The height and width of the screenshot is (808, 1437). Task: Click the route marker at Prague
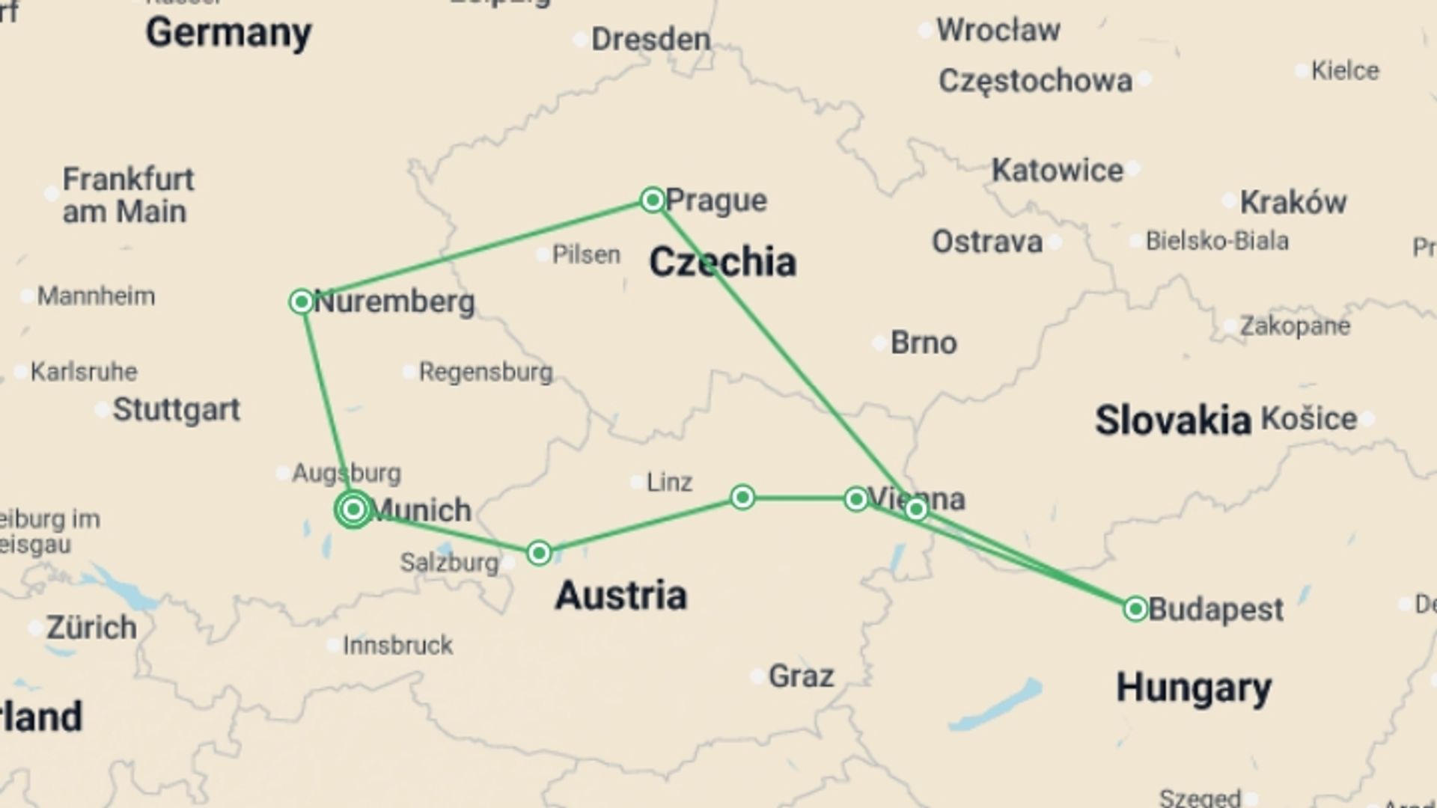653,200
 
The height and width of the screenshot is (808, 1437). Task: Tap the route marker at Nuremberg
301,302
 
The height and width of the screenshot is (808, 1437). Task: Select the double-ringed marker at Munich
353,509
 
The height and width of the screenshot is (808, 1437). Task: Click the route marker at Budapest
1135,609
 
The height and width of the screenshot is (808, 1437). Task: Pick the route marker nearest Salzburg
539,553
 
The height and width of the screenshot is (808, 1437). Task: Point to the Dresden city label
650,39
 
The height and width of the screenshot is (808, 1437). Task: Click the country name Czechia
722,262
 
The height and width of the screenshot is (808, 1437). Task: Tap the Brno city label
924,343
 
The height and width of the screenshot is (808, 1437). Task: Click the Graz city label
801,676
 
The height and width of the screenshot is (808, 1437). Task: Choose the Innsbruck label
397,645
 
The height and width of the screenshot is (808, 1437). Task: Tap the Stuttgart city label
177,409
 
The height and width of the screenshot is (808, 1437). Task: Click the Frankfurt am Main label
127,195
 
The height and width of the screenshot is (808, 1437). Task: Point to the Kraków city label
1293,201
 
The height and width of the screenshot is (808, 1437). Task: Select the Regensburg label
486,371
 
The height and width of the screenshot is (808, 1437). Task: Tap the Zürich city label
91,627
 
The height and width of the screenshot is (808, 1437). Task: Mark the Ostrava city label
986,242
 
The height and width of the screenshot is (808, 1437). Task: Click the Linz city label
669,482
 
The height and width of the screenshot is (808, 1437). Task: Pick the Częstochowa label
1035,80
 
